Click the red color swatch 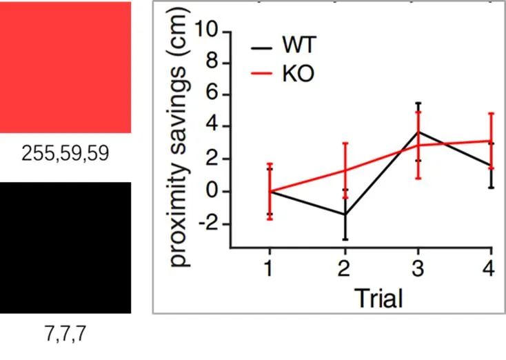point(65,67)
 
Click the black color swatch point(65,248)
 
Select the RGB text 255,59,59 point(65,154)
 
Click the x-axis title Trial point(378,299)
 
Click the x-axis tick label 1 point(269,270)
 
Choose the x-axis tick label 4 point(489,270)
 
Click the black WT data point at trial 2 point(345,214)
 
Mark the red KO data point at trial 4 point(491,141)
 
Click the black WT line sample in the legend point(261,48)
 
